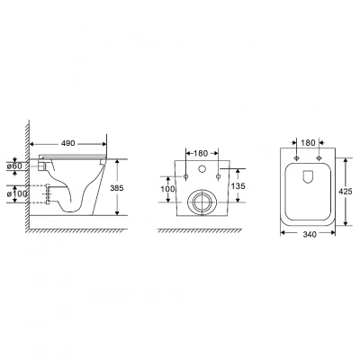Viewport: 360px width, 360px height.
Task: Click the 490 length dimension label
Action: (68, 143)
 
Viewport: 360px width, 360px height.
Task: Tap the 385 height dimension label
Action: (117, 188)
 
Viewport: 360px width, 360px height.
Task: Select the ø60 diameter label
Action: (15, 166)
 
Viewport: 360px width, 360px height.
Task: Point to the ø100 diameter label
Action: (17, 194)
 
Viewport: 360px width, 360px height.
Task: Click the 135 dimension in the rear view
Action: (238, 186)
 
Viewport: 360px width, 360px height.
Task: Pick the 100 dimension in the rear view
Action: (167, 189)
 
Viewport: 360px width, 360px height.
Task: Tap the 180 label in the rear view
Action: (201, 153)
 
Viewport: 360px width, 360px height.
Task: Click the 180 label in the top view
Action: (308, 143)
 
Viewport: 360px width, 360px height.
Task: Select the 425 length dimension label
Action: (346, 191)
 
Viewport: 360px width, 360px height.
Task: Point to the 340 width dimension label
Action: (310, 234)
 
